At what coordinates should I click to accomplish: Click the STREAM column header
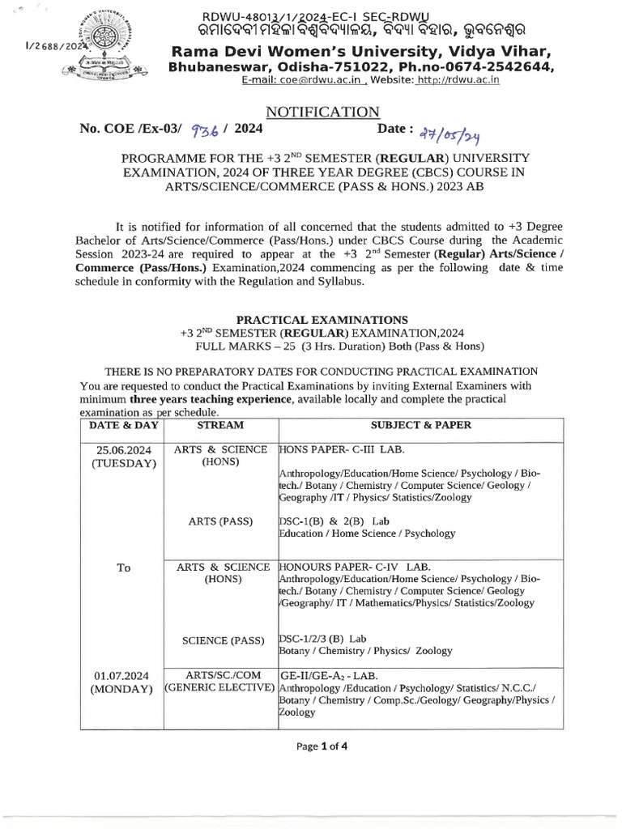click(x=220, y=423)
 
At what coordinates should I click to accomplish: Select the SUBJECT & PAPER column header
click(x=420, y=423)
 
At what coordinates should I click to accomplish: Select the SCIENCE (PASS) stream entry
click(x=220, y=640)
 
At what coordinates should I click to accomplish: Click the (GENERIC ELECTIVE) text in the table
click(x=219, y=688)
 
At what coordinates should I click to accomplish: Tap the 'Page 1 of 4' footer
click(x=321, y=746)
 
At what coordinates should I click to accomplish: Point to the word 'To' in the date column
click(x=123, y=568)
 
